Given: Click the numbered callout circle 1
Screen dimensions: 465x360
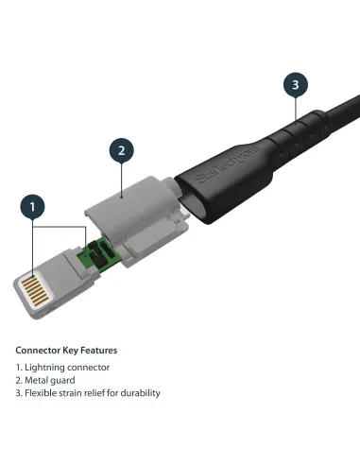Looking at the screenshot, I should (x=33, y=205).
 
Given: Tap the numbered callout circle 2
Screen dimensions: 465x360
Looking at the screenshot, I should (x=120, y=149).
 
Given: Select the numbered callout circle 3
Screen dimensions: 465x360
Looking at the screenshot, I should (x=295, y=84).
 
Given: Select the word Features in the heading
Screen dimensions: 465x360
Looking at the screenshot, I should (x=99, y=351).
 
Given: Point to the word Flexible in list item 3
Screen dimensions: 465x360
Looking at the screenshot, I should (x=41, y=393).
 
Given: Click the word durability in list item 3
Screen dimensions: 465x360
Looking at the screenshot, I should (x=140, y=393).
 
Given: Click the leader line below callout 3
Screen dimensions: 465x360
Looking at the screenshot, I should (x=295, y=109).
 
